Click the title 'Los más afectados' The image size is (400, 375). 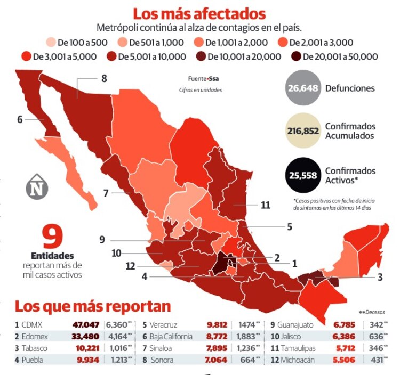(199, 13)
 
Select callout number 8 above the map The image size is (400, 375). (103, 78)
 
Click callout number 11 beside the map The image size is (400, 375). (265, 205)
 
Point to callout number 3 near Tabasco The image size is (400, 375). (380, 276)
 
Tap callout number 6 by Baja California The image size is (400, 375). (20, 119)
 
